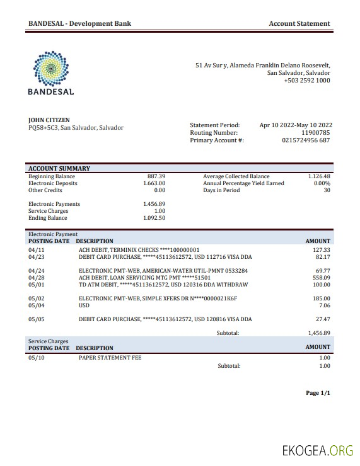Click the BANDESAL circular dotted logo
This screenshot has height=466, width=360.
pyautogui.click(x=50, y=67)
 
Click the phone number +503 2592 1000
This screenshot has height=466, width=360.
pyautogui.click(x=306, y=81)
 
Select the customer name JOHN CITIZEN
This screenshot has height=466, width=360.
pyautogui.click(x=49, y=120)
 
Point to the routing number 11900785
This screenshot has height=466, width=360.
pyautogui.click(x=315, y=133)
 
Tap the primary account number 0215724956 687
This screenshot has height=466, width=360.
pyautogui.click(x=306, y=140)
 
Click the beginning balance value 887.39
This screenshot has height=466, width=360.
pyautogui.click(x=156, y=176)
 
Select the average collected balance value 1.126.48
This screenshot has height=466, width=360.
pyautogui.click(x=319, y=176)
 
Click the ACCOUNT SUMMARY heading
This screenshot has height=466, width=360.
pyautogui.click(x=59, y=168)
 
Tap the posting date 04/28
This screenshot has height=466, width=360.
pyautogui.click(x=37, y=277)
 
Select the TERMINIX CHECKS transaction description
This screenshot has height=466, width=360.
pyautogui.click(x=139, y=250)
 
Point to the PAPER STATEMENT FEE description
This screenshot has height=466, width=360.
pyautogui.click(x=110, y=358)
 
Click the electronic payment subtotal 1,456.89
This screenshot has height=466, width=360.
pyautogui.click(x=318, y=332)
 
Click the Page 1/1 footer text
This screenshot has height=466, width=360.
pyautogui.click(x=318, y=393)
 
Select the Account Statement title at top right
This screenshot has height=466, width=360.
pyautogui.click(x=299, y=23)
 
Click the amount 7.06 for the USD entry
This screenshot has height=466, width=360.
pyautogui.click(x=324, y=305)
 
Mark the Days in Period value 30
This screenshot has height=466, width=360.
pyautogui.click(x=327, y=190)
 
